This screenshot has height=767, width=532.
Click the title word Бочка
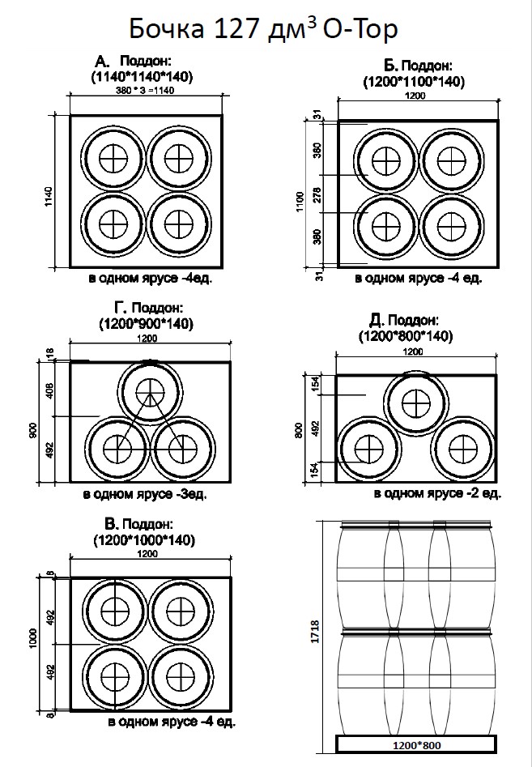point(168,31)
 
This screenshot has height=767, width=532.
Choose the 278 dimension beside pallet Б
point(317,194)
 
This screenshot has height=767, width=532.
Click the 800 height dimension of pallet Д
point(300,429)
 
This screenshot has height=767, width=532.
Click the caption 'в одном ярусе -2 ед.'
point(438,492)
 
